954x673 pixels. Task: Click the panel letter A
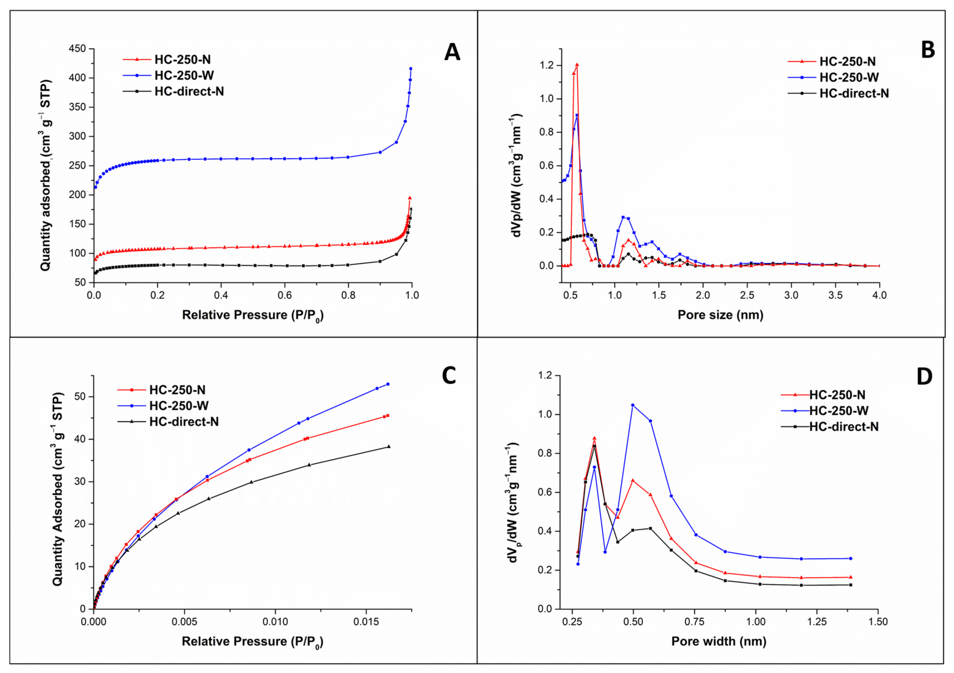452,53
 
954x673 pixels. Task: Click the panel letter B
928,50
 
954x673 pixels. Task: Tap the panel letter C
449,376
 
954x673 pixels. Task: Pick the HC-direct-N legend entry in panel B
839,94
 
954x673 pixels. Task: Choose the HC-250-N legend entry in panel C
162,390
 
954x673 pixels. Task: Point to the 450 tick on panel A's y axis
78,49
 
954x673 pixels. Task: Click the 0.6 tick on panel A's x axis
285,296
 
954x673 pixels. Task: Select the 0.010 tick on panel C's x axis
275,622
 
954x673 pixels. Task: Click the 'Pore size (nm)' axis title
720,315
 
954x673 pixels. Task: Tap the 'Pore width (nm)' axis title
719,642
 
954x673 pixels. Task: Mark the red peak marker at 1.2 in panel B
577,65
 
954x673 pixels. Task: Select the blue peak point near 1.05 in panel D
633,405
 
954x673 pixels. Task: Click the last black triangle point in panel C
389,447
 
